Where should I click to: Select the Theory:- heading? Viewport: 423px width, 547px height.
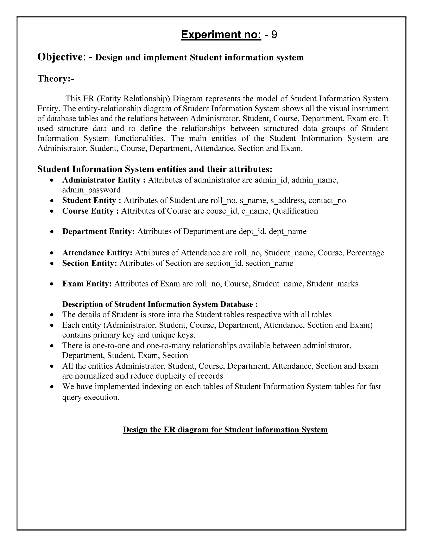click(56, 79)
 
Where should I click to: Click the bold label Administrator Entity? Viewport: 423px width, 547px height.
click(101, 180)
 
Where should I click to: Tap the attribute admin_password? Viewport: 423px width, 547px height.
click(91, 190)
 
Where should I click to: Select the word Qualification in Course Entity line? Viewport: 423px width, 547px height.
click(295, 211)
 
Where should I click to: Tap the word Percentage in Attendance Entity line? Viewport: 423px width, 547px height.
click(365, 253)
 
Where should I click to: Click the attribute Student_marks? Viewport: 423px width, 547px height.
click(332, 284)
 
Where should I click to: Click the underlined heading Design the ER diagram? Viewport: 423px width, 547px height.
click(225, 430)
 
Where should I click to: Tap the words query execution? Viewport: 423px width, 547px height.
click(90, 397)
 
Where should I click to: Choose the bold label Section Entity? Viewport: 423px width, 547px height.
click(89, 263)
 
